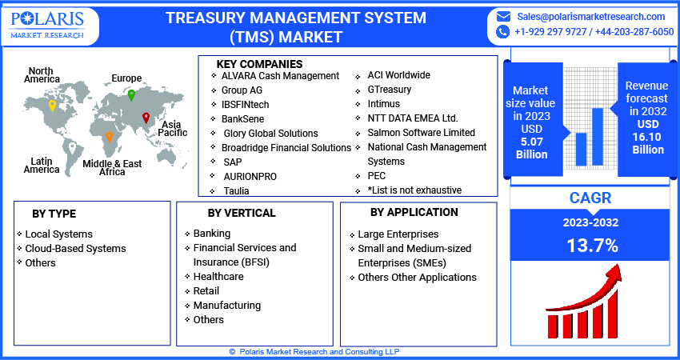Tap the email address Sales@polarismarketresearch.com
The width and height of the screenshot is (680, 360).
tap(590, 16)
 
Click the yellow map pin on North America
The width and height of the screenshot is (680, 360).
tap(52, 105)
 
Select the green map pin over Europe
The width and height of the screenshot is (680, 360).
tap(131, 94)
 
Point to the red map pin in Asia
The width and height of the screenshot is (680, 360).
tap(146, 118)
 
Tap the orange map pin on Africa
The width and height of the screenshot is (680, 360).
tap(109, 138)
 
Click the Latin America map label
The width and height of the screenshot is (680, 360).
tap(42, 165)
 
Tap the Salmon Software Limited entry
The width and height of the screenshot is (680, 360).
tap(421, 133)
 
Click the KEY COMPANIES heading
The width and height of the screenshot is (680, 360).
tap(259, 63)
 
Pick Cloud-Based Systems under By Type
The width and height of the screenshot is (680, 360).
tap(75, 248)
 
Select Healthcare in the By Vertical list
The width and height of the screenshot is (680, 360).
tap(218, 276)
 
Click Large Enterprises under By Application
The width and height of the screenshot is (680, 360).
tap(398, 234)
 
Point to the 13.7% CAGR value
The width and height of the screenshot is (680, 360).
tap(592, 245)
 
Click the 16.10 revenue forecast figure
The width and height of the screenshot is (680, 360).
tap(648, 137)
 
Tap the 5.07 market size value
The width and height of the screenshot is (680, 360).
tap(530, 142)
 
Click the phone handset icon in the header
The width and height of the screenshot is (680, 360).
tap(503, 32)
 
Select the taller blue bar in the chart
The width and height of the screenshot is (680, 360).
tap(597, 135)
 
